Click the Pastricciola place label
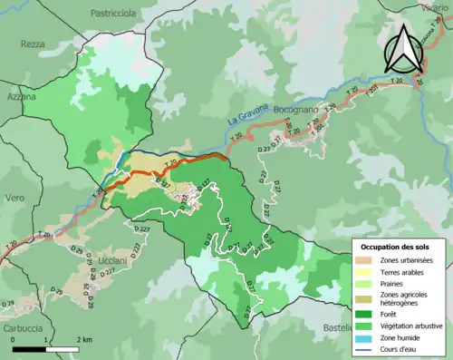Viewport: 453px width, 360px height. [124, 14]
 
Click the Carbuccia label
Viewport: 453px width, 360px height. [21, 327]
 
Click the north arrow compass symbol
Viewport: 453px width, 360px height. [404, 49]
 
